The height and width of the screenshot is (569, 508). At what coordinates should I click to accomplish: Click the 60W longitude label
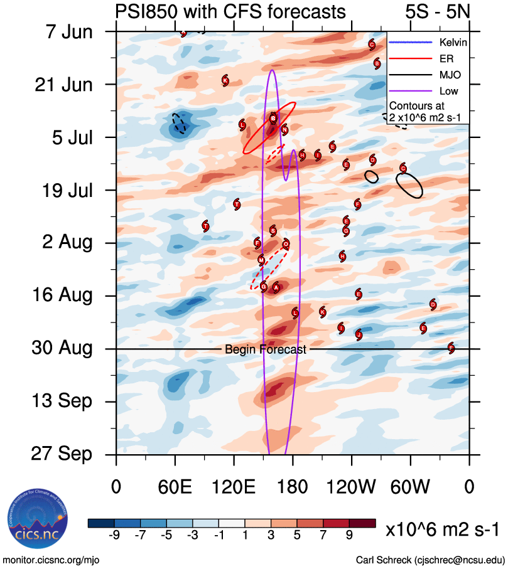[x=411, y=487]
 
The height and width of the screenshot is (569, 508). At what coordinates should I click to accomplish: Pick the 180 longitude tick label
[x=293, y=487]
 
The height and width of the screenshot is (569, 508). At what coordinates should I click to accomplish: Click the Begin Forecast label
[x=266, y=349]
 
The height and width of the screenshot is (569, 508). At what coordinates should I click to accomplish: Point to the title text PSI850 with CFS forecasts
[x=230, y=12]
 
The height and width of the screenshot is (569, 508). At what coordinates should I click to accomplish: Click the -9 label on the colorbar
[x=114, y=535]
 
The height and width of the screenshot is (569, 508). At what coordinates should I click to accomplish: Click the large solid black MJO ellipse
[x=409, y=185]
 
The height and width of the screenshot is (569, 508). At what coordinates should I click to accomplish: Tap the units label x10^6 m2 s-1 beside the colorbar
[x=443, y=529]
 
